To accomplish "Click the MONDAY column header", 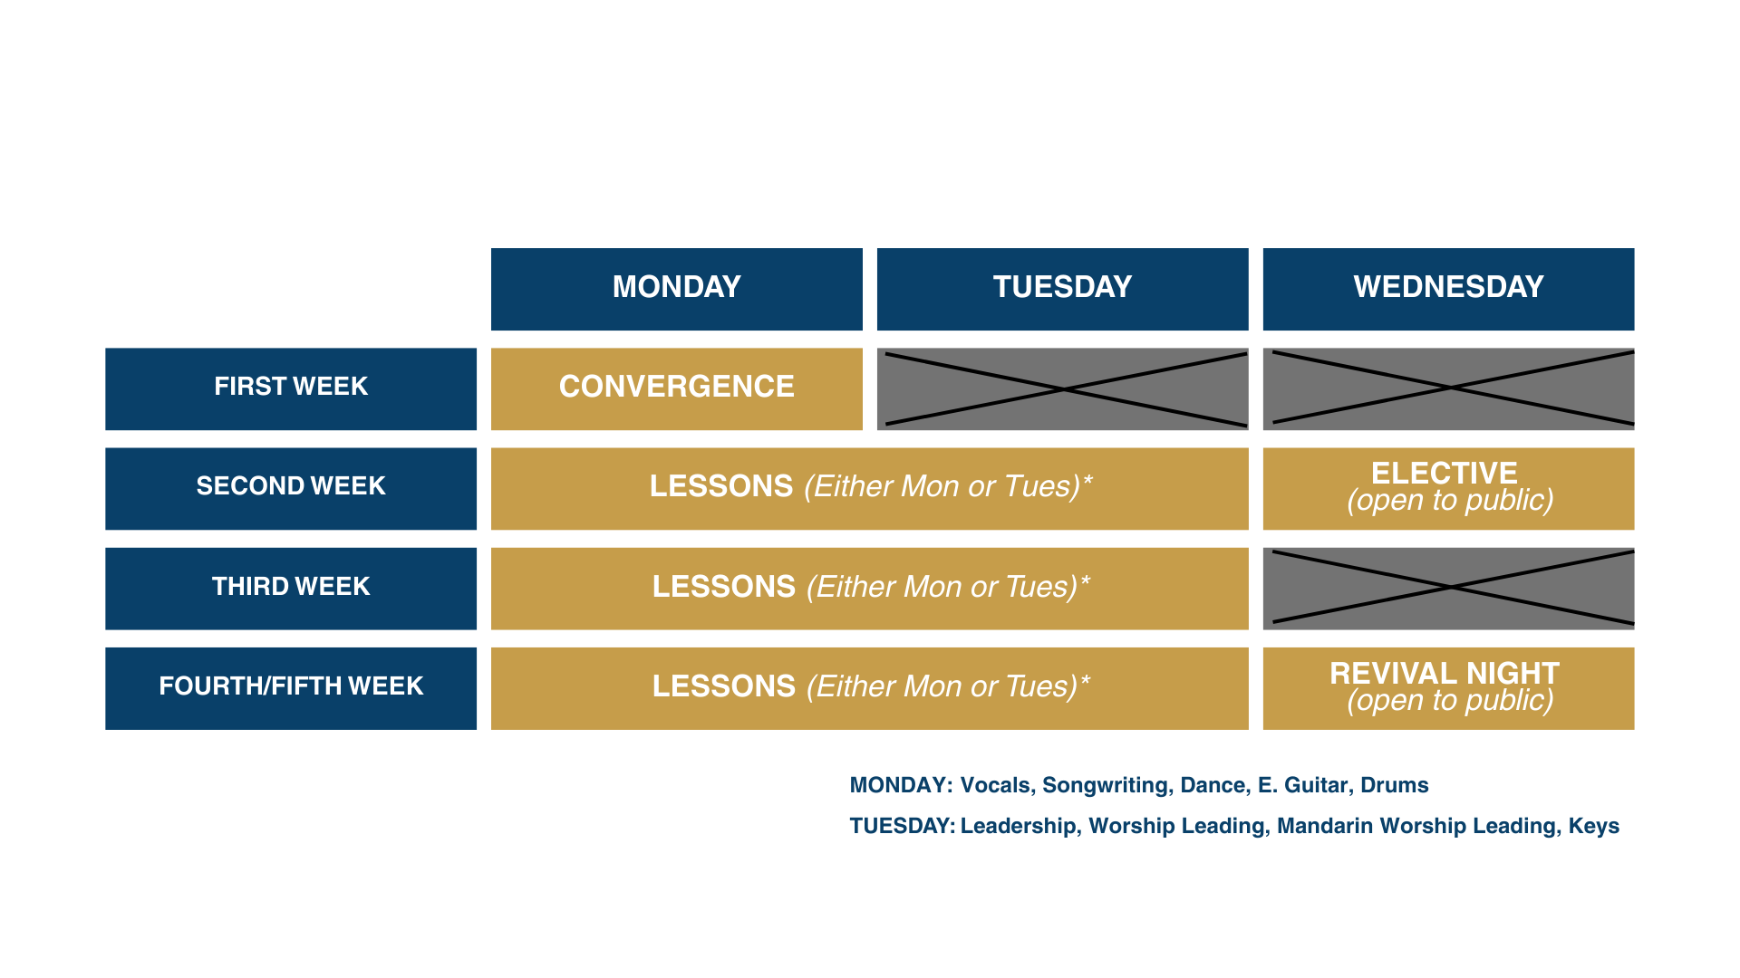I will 676,288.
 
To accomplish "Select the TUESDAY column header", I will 1062,288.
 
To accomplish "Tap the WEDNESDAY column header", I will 1448,288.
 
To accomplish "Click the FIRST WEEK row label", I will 291,388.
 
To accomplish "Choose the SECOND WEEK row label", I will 291,487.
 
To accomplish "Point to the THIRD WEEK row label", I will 291,587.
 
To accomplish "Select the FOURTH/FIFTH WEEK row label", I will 291,686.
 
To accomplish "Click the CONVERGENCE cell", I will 676,388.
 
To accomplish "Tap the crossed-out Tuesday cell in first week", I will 1062,388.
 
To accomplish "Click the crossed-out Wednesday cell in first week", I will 1448,388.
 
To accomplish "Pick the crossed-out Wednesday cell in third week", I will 1448,588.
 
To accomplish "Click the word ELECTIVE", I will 1444,473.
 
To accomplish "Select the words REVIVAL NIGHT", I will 1444,673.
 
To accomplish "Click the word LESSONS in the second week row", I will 721,487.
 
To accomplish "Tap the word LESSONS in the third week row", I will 724,587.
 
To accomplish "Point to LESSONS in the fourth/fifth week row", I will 724,686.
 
